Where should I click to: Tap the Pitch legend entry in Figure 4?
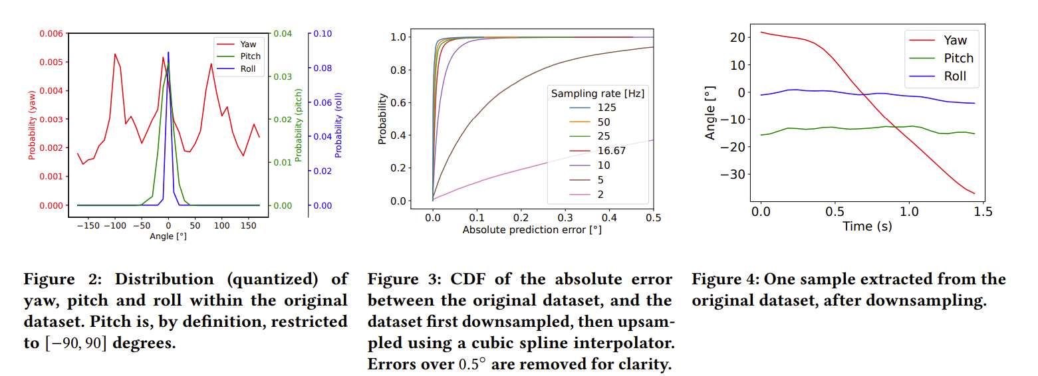click(x=958, y=58)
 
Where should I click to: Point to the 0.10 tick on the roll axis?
click(x=323, y=33)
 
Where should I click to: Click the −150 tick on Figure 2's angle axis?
click(x=87, y=226)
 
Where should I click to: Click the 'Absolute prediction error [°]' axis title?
click(x=531, y=230)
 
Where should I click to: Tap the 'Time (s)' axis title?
click(x=867, y=227)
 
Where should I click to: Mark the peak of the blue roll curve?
click(x=168, y=52)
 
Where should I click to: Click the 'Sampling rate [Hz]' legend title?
click(x=597, y=94)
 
